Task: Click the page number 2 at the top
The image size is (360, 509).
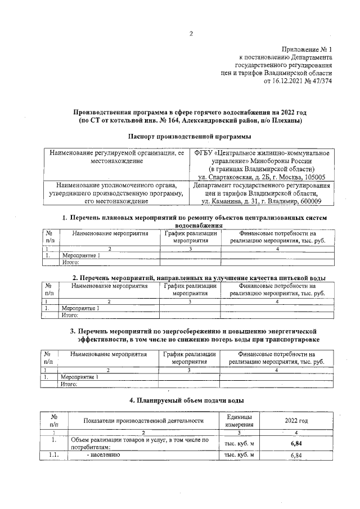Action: point(191,33)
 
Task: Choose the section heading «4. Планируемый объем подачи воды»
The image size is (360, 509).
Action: point(186,400)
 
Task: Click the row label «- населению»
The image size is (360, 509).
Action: point(104,455)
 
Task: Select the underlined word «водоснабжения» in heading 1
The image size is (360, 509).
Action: point(189,225)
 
